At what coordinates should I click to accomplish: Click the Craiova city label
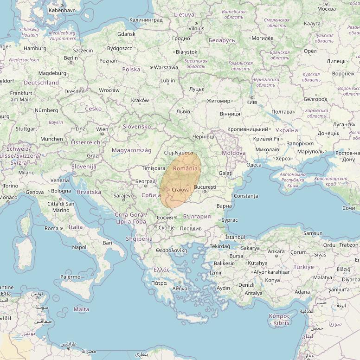pos(180,190)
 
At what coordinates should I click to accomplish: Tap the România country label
pos(185,169)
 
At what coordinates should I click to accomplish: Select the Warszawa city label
pos(166,67)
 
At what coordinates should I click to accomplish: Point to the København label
pos(62,10)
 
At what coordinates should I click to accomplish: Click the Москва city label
pos(327,9)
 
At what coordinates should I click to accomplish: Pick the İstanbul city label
pos(235,237)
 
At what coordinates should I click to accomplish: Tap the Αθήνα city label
pos(180,288)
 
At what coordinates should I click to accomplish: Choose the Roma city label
pos(51,228)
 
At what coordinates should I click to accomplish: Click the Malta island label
pos(81,309)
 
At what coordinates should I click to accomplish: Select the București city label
pos(205,187)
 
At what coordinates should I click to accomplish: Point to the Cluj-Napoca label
pos(179,153)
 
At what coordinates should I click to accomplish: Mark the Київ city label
pos(252,102)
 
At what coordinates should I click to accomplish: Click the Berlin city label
pos(71,58)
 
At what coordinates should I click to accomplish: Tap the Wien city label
pos(102,129)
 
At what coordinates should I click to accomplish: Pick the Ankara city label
pos(276,251)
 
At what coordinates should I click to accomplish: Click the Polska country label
pos(131,69)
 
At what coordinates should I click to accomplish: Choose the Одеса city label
pos(254,165)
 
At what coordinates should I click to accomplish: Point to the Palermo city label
pos(71,277)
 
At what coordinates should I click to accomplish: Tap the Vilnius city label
pos(196,28)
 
